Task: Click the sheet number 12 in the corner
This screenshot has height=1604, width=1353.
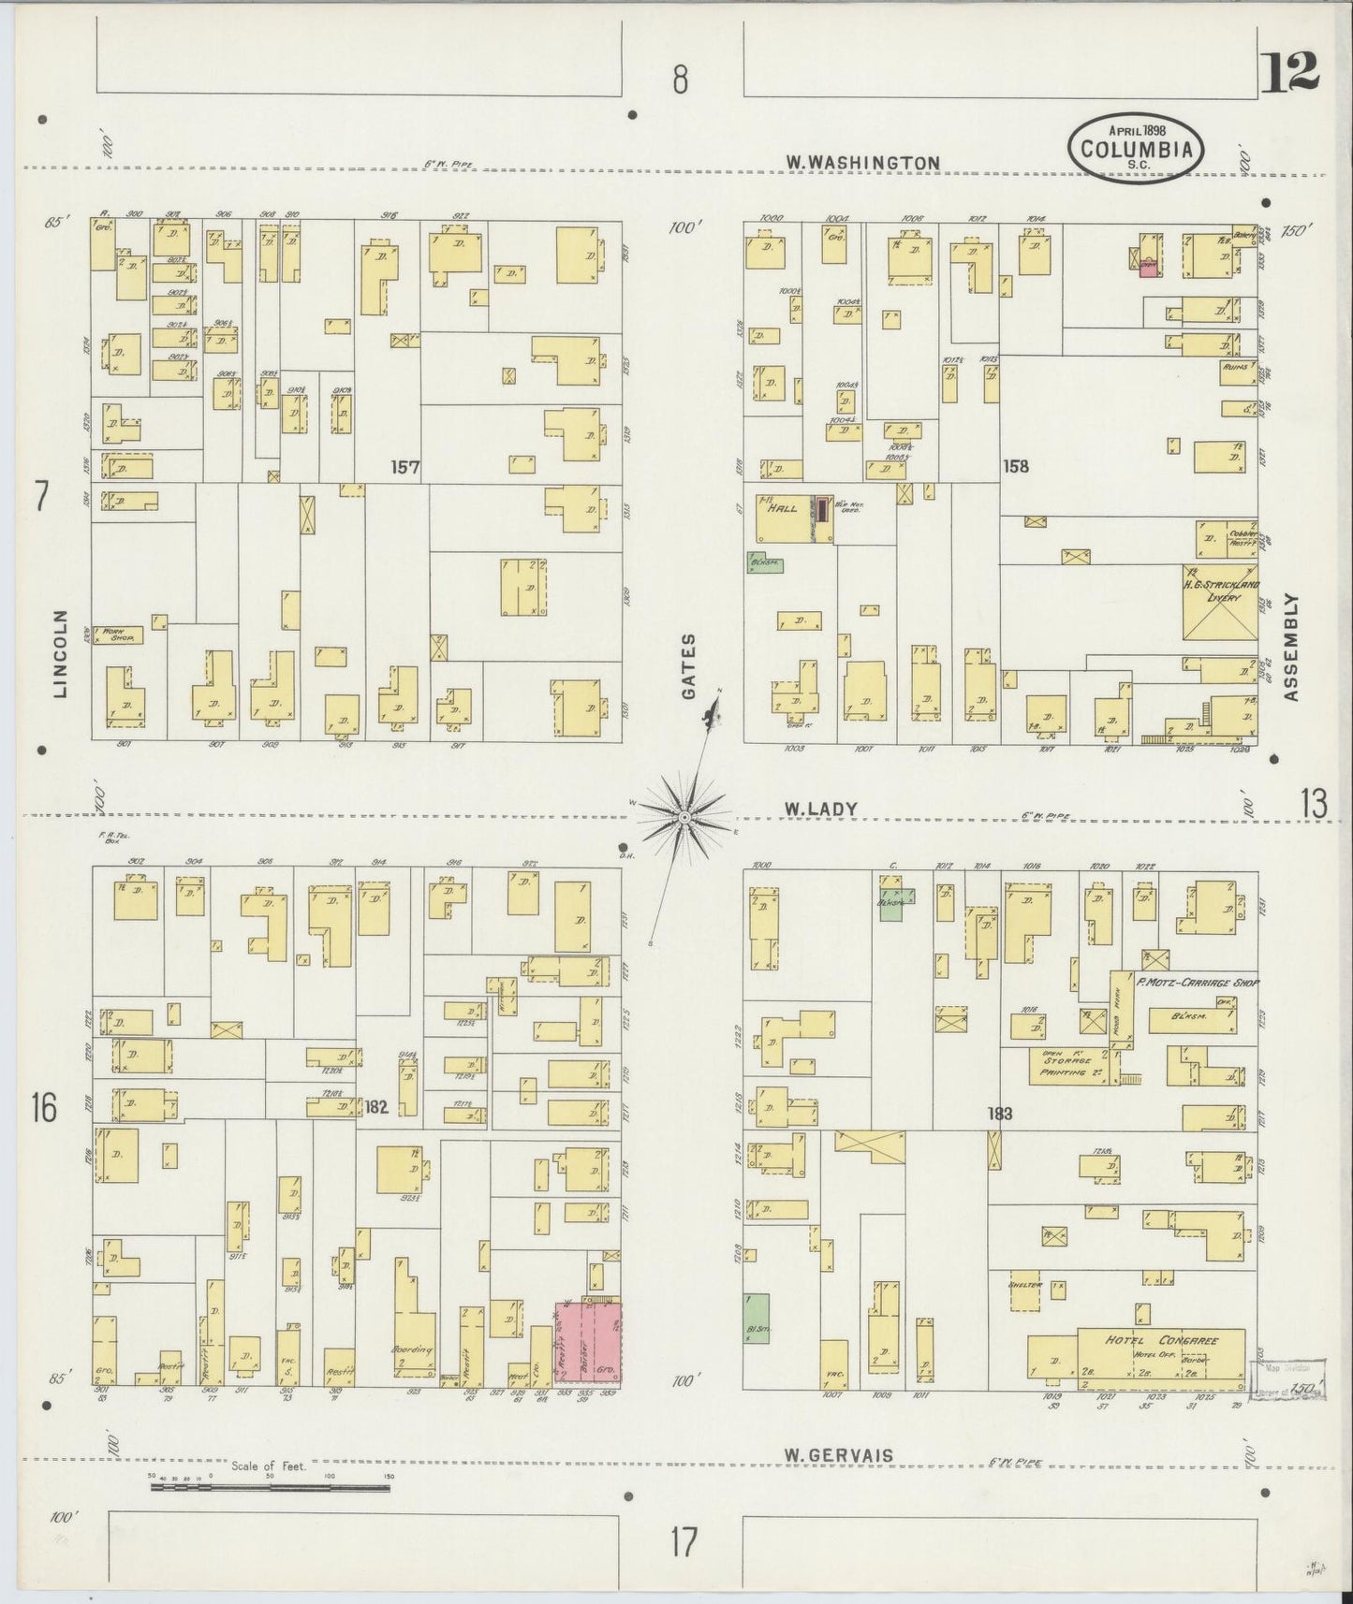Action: [x=1289, y=72]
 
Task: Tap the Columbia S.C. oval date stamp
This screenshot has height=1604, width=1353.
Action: [x=1137, y=147]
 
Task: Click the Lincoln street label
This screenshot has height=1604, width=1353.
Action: [x=62, y=654]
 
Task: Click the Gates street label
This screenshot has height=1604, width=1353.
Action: [x=690, y=666]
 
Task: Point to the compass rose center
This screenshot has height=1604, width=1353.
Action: [x=684, y=818]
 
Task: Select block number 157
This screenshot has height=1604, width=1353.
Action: [x=406, y=465]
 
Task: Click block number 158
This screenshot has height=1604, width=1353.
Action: [x=1015, y=465]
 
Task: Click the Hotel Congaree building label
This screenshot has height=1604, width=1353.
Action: [x=1162, y=1340]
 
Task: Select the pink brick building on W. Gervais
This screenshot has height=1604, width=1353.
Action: [x=589, y=1340]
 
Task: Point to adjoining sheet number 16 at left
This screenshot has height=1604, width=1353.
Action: [x=43, y=1109]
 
